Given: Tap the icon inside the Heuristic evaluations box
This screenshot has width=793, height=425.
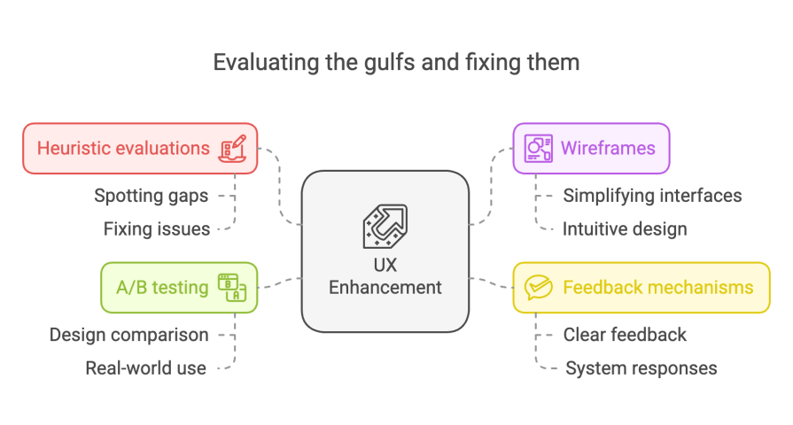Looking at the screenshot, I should coord(233,148).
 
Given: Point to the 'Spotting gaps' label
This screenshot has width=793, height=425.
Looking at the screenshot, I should coord(152,196).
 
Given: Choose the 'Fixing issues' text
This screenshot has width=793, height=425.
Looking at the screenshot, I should coord(157,229).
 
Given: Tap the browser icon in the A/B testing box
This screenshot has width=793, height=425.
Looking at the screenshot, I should coord(232,287).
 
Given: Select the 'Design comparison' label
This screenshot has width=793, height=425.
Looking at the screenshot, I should coord(129,335).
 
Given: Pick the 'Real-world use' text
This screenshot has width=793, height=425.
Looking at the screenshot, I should coord(145,368).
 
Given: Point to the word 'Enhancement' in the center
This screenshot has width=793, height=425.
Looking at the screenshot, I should coord(385,287).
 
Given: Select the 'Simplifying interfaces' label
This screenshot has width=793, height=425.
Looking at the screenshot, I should coord(652,196).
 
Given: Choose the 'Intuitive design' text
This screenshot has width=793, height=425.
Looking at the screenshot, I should coord(625,229).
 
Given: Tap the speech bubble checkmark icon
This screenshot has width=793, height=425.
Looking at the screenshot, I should coord(538,287).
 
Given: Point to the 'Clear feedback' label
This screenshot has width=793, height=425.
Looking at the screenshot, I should coord(625,335).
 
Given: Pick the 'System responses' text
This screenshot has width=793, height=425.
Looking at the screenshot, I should coord(641,368).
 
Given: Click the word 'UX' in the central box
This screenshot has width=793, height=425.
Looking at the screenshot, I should coord(385,265).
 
